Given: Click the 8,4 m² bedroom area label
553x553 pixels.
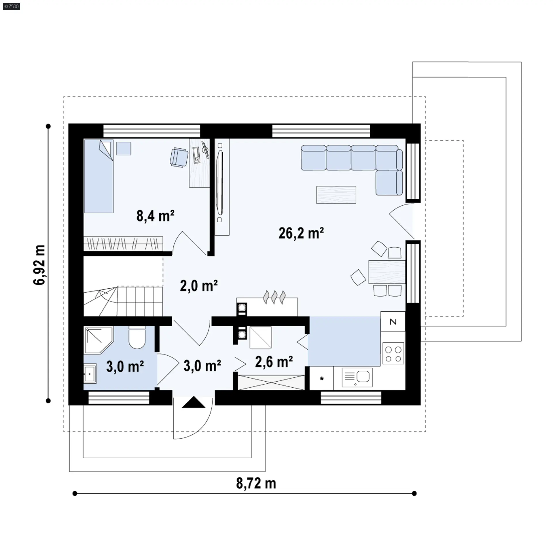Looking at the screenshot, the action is [156, 216].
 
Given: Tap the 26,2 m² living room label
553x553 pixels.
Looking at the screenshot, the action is [301, 233].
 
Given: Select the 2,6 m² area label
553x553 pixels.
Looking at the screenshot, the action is [274, 362].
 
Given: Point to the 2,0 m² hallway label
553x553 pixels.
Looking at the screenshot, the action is [199, 286].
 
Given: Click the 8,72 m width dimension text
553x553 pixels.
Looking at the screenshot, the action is [256, 483].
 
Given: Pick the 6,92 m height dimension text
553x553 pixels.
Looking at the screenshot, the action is [39, 265].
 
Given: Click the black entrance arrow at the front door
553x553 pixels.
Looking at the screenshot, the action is [194, 402].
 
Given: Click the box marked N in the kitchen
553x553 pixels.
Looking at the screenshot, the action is [393, 321].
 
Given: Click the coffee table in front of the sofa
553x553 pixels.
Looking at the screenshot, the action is [336, 195].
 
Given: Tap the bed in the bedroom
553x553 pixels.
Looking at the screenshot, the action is [99, 176].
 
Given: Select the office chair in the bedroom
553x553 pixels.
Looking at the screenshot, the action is [179, 157].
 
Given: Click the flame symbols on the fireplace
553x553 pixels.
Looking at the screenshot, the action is [274, 297].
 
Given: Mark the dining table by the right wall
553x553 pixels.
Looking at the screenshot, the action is [387, 272].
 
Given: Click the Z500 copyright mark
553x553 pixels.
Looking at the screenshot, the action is [12, 6].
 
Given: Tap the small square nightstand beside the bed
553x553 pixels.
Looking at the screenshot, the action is [124, 149].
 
